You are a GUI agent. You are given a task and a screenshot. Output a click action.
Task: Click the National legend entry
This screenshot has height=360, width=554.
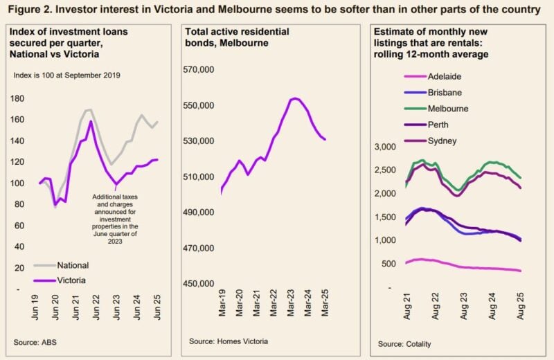click(71, 264)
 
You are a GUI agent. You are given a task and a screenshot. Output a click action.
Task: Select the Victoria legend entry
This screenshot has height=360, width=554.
click(71, 280)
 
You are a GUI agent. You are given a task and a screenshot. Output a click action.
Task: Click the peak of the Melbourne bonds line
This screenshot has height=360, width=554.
click(294, 98)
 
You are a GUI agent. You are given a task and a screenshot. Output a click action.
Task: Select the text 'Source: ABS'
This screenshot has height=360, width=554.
click(35, 342)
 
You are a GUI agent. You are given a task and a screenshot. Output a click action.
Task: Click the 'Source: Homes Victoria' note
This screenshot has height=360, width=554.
click(229, 342)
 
